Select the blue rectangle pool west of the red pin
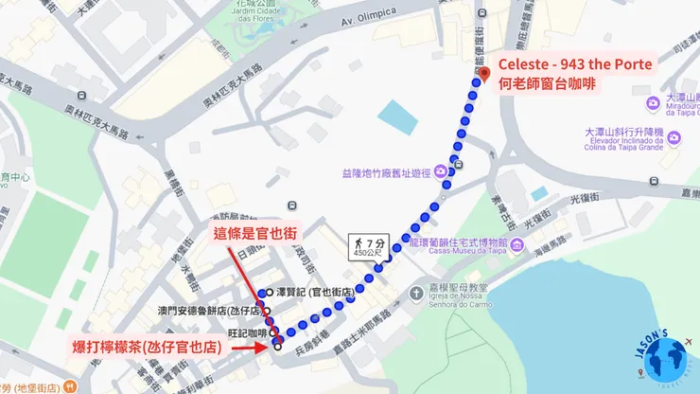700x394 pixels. click(x=397, y=117)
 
